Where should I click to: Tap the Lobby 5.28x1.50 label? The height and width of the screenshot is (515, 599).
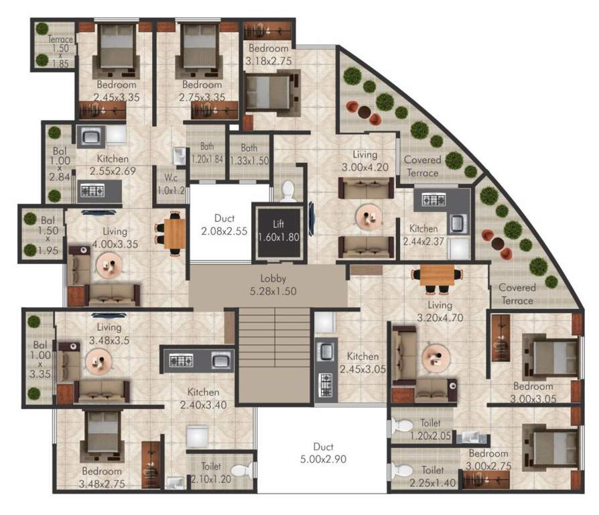coord(267,286)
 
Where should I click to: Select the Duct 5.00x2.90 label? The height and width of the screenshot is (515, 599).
coord(322,453)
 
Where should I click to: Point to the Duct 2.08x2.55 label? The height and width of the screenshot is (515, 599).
coord(220,225)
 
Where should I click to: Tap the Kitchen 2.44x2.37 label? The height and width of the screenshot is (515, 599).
coord(424,235)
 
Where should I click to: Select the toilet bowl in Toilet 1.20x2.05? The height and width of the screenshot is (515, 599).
coord(402,426)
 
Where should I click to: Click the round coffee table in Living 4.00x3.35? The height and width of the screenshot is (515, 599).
coord(108,265)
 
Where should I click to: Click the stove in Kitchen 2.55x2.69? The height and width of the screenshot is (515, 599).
coord(90,192)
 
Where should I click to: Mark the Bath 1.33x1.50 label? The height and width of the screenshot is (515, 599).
coord(249,154)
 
